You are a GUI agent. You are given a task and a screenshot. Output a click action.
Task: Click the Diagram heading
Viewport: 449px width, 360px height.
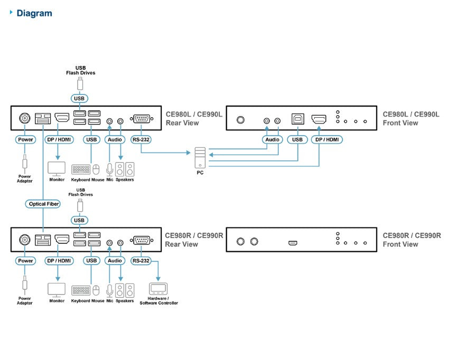click(34, 13)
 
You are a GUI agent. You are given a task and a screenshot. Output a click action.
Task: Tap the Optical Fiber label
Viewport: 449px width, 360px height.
click(43, 204)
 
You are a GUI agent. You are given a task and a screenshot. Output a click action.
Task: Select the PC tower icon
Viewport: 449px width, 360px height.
click(200, 157)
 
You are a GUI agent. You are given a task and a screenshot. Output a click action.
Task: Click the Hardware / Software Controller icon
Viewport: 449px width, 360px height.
click(158, 289)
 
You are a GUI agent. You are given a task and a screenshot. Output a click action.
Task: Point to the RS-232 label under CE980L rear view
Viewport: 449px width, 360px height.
click(141, 140)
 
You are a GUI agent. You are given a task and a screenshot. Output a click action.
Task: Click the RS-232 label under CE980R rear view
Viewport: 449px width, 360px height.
click(141, 261)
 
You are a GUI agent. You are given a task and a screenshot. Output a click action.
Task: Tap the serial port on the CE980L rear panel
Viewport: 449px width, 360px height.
click(142, 118)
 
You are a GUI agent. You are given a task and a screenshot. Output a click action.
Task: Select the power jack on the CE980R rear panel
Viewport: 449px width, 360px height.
click(25, 240)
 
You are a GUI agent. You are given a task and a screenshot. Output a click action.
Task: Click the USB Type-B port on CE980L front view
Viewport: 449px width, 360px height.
click(298, 119)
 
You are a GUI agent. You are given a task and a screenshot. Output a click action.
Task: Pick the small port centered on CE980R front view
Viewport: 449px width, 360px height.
click(293, 243)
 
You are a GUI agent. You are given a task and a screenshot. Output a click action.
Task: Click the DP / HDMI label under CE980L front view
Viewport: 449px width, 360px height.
click(327, 140)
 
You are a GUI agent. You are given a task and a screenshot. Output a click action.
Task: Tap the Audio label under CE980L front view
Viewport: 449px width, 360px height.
click(273, 140)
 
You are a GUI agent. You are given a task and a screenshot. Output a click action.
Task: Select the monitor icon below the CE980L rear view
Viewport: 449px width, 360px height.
click(57, 169)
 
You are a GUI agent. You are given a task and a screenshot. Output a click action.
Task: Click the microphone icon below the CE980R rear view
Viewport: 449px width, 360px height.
click(110, 290)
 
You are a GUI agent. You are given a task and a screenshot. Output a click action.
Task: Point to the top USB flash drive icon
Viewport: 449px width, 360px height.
click(80, 84)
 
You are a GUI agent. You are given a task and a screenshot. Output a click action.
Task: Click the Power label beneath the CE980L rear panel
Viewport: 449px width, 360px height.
click(25, 140)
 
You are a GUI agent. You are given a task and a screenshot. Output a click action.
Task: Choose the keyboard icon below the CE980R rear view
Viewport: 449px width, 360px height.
click(81, 290)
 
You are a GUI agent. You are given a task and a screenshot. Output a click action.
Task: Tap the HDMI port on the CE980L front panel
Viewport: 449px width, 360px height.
click(319, 119)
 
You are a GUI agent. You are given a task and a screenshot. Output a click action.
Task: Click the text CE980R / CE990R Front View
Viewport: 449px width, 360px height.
click(412, 240)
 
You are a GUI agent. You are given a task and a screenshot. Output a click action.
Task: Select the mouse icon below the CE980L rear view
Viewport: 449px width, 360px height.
click(96, 169)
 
